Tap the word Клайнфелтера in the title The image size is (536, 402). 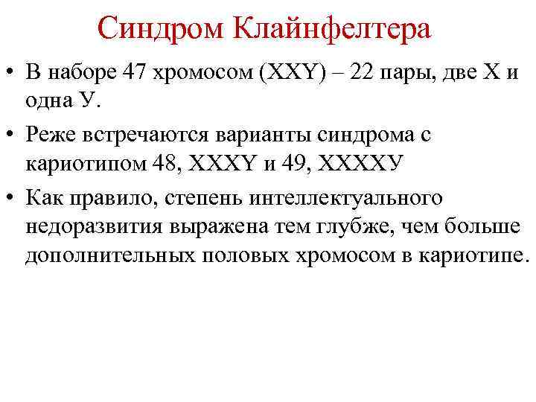tap(332, 30)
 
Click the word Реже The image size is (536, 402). tap(51, 135)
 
